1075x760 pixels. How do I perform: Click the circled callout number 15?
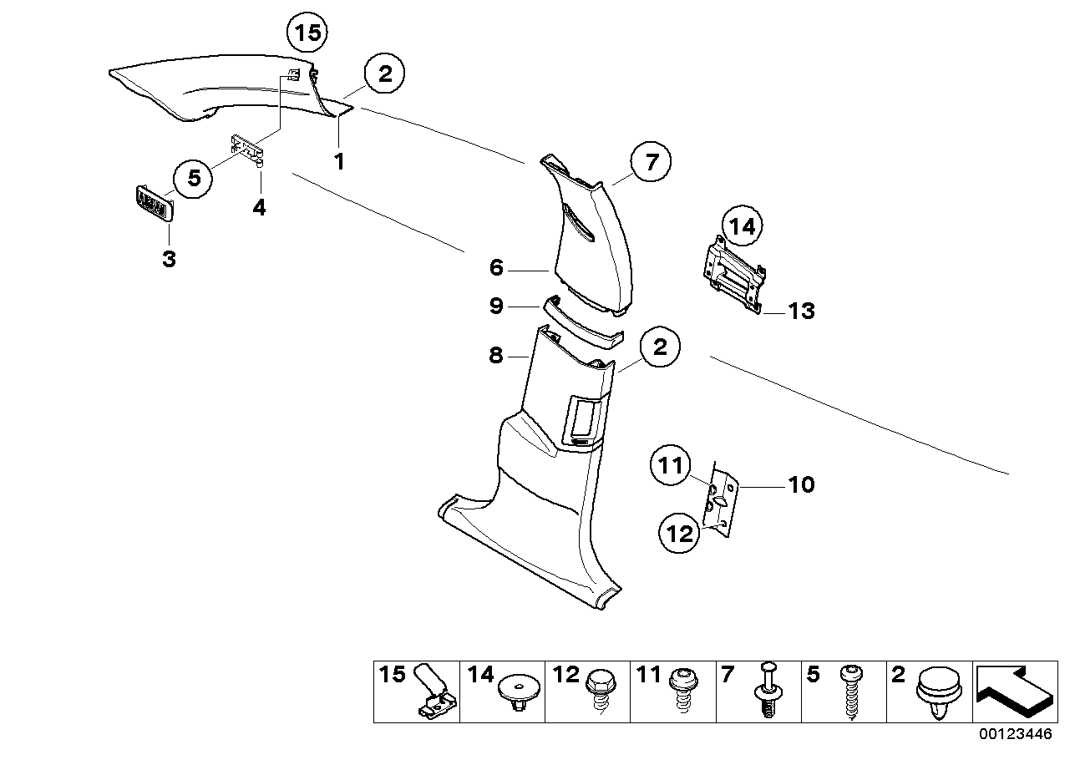click(x=307, y=34)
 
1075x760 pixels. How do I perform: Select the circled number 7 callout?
click(x=652, y=163)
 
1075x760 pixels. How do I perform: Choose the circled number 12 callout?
click(x=681, y=533)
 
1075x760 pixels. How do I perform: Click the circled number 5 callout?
click(x=194, y=177)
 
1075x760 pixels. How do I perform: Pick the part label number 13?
click(x=800, y=312)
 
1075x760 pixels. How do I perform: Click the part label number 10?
click(x=801, y=484)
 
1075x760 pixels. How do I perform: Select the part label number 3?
click(x=169, y=259)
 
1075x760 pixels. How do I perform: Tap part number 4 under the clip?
click(x=260, y=207)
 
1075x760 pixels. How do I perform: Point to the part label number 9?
click(x=495, y=307)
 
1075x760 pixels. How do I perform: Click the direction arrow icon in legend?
click(x=1013, y=693)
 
